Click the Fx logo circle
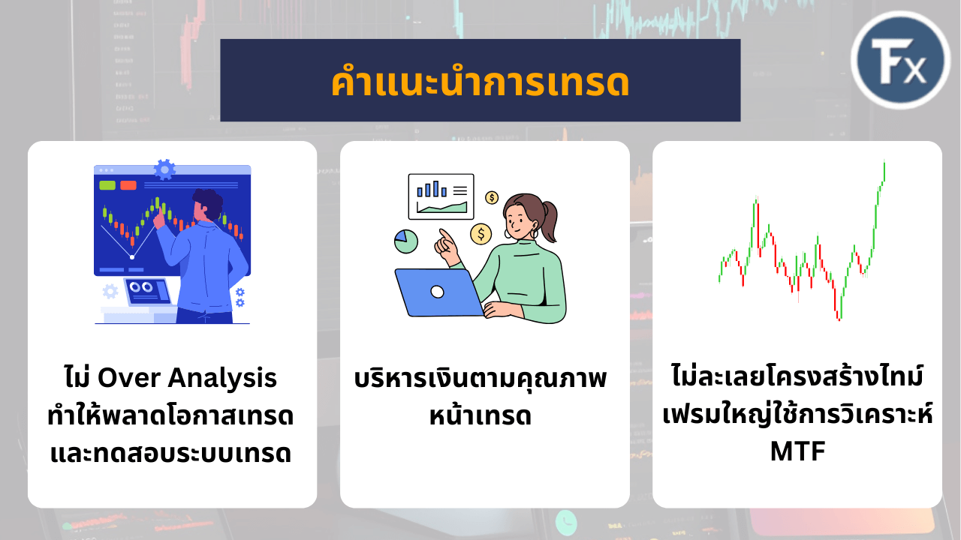900,60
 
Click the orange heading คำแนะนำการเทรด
480,82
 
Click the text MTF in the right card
797,451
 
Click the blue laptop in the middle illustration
438,292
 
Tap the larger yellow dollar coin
481,234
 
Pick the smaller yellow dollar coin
492,197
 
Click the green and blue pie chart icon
406,241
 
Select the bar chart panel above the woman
441,196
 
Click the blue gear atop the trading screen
164,169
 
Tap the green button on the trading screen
107,185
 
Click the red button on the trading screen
128,185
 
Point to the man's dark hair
209,202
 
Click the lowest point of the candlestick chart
839,319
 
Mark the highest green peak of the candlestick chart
884,162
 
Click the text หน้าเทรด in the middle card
480,415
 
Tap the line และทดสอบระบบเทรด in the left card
171,453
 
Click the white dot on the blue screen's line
132,257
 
